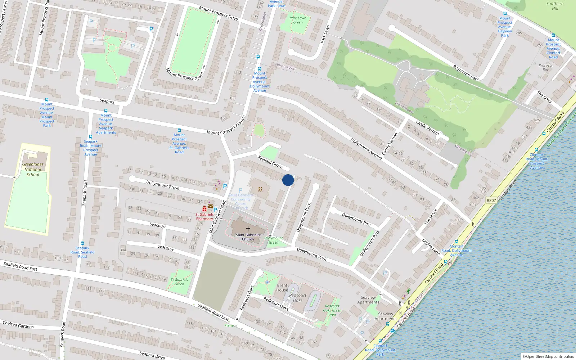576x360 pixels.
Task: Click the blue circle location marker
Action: [288, 180]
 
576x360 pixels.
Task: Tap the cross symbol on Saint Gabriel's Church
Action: [248, 229]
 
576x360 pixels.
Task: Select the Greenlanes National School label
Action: [33, 169]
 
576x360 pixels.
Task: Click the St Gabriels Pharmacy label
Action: [204, 217]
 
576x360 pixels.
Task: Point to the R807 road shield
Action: [491, 201]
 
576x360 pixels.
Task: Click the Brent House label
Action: [282, 288]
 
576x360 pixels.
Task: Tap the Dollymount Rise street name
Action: [356, 219]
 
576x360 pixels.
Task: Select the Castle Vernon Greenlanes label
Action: [463, 150]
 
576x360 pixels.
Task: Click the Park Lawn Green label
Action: [298, 20]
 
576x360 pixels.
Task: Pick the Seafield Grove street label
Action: [270, 162]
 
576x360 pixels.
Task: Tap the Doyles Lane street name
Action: [431, 247]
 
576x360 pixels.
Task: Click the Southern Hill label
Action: [555, 6]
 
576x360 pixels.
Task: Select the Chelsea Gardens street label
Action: [18, 325]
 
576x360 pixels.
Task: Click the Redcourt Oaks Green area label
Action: [332, 310]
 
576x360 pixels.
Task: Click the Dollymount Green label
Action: [274, 240]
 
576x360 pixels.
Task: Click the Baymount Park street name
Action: [466, 73]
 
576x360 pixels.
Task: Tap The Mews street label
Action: [430, 217]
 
